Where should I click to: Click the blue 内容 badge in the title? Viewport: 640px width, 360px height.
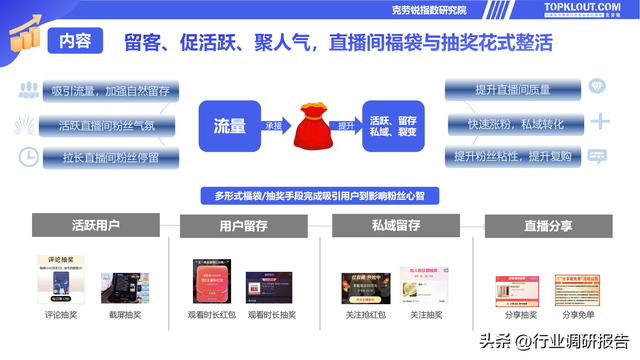click(x=75, y=41)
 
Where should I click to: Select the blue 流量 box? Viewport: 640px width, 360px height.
click(x=229, y=125)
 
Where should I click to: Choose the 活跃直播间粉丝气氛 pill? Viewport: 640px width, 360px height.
click(x=109, y=125)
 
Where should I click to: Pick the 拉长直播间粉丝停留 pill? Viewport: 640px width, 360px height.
click(x=109, y=158)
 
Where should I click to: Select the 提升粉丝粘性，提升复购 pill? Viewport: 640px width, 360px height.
click(x=513, y=157)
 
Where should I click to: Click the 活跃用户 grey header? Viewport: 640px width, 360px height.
click(x=97, y=225)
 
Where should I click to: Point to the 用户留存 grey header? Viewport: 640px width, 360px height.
click(x=244, y=226)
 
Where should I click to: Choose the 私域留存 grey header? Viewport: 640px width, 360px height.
click(x=394, y=225)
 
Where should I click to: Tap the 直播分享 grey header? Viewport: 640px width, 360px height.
click(x=541, y=225)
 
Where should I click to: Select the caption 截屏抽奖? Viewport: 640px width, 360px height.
click(x=126, y=315)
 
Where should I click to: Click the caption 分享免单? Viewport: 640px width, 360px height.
click(x=580, y=315)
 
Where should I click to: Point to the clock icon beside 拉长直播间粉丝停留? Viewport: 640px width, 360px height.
click(x=28, y=157)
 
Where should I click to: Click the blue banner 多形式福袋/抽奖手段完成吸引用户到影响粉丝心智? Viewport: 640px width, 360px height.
click(x=319, y=194)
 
